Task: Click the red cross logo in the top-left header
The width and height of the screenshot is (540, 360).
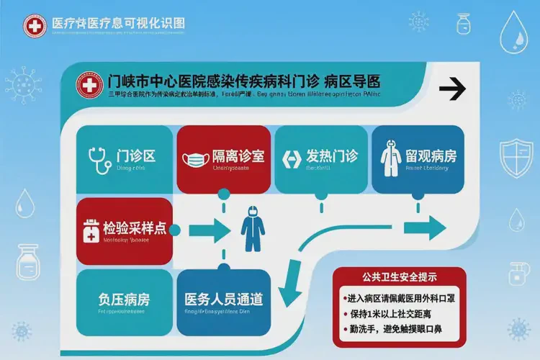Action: tap(33, 27)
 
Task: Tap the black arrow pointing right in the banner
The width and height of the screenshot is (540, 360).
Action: tap(454, 90)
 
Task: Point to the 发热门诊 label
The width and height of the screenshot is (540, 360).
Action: tap(332, 156)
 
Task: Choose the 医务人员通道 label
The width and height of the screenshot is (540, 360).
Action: tap(223, 298)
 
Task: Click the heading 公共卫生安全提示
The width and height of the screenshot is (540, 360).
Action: tap(399, 276)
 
